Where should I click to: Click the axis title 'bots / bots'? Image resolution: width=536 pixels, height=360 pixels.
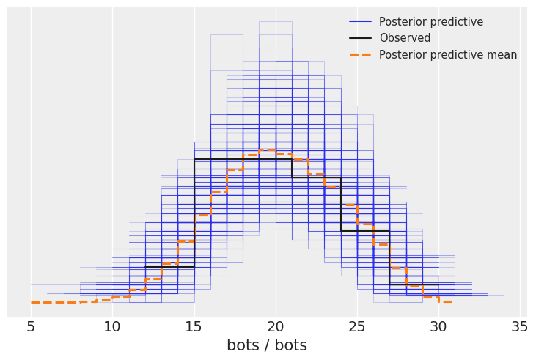point(267,345)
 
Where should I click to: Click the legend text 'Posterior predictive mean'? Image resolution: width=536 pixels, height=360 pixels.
point(448,55)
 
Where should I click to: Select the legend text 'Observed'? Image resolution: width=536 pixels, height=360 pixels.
point(405,38)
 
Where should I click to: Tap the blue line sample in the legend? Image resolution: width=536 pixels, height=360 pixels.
point(360,22)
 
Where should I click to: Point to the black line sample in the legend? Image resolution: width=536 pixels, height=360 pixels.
point(360,38)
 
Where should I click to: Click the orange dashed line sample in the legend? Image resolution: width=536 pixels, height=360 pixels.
point(360,55)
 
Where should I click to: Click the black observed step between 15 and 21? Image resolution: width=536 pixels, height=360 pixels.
point(243,159)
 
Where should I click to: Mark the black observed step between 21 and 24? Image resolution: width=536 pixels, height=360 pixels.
point(316,177)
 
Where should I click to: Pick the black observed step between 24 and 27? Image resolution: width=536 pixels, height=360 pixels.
point(365,231)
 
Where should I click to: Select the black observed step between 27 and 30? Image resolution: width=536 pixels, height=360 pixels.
point(414,284)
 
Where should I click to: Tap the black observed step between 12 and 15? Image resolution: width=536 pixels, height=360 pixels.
point(169,267)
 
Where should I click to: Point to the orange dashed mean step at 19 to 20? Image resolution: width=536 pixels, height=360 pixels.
point(268,150)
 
